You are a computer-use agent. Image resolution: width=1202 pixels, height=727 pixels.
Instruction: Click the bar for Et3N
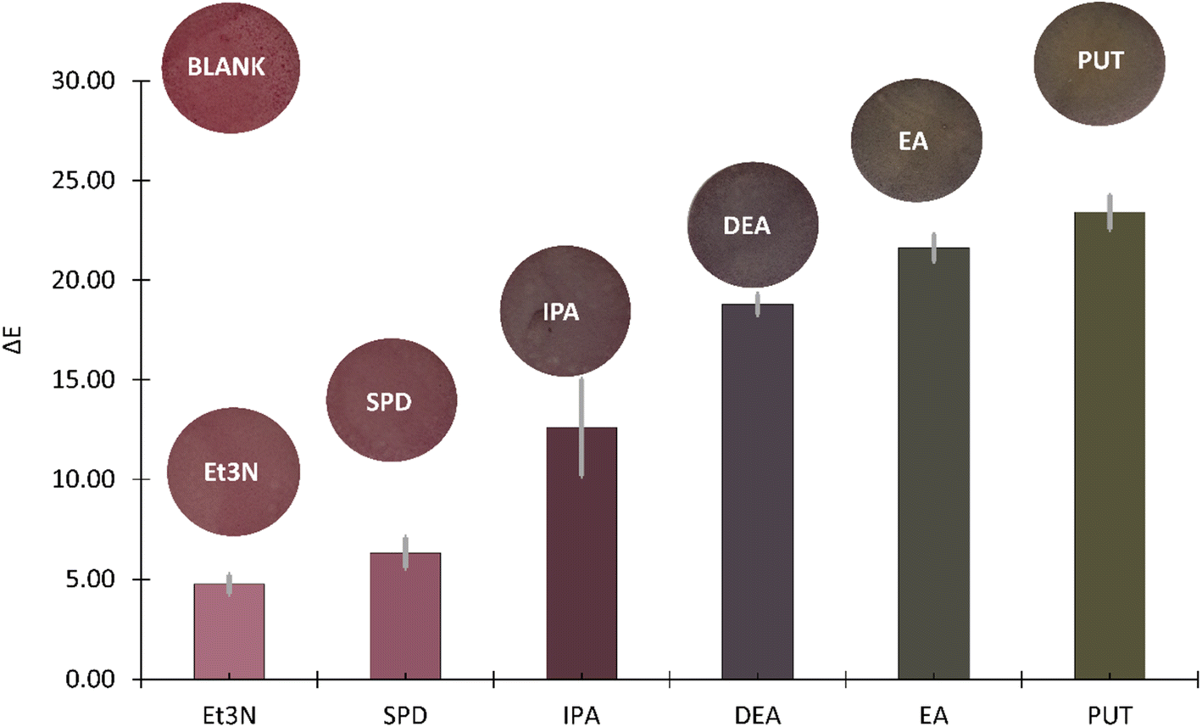pyautogui.click(x=229, y=632)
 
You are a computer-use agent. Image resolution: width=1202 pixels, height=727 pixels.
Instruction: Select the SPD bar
pyautogui.click(x=405, y=617)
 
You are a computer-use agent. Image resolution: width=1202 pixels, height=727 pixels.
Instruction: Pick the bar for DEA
pyautogui.click(x=757, y=492)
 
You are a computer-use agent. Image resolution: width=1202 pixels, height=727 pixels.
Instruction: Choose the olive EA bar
pyautogui.click(x=933, y=464)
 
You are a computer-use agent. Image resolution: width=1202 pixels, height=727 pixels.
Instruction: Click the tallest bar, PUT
pyautogui.click(x=1110, y=446)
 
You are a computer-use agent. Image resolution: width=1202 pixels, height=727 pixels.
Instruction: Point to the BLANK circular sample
pyautogui.click(x=226, y=66)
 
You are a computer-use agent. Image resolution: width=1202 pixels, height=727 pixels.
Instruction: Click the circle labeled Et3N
pyautogui.click(x=233, y=471)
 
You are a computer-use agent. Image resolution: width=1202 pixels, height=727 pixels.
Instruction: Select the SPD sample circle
pyautogui.click(x=391, y=400)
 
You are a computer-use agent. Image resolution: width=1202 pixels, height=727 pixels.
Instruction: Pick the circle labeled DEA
pyautogui.click(x=752, y=225)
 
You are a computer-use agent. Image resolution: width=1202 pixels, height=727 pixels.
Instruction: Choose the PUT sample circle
pyautogui.click(x=1099, y=60)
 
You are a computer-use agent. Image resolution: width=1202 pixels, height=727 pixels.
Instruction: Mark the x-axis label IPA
pyautogui.click(x=581, y=714)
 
